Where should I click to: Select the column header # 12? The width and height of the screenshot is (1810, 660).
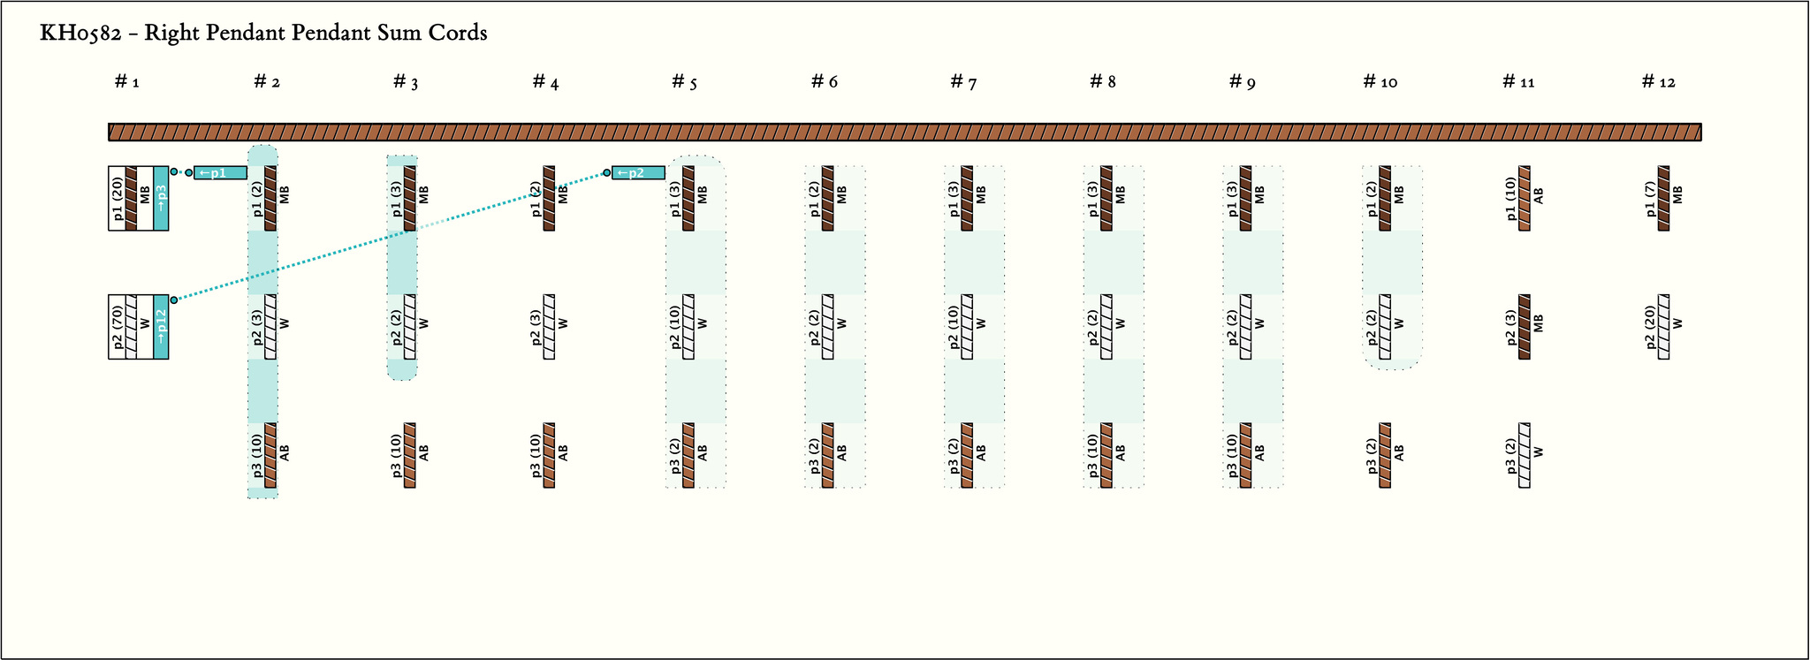pos(1658,82)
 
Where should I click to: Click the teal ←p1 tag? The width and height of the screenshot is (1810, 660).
pos(220,172)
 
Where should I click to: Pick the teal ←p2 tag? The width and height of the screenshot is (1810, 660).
pos(638,172)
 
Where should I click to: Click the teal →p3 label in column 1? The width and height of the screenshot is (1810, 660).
pos(161,198)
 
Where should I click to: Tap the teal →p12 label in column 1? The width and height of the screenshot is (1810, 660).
pos(161,326)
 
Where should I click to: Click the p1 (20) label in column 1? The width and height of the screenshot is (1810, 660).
pos(118,198)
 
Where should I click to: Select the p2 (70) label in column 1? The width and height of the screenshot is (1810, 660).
pos(118,326)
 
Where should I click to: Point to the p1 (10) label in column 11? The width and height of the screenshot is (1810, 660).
pos(1511,198)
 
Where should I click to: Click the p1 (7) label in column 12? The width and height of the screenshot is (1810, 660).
pos(1650,198)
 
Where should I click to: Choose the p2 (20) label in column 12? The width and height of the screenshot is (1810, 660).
pos(1650,326)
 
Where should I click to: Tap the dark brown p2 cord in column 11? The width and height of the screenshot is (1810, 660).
pos(1525,326)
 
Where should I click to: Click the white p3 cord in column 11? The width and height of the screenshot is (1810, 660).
pos(1525,455)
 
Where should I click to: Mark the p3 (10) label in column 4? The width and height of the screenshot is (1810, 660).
pos(536,455)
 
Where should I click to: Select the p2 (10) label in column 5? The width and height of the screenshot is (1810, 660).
pos(675,326)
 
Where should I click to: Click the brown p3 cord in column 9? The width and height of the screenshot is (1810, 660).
pos(1246,455)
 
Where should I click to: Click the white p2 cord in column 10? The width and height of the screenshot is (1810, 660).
pos(1385,326)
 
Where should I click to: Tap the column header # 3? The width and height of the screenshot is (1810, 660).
pos(406,82)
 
